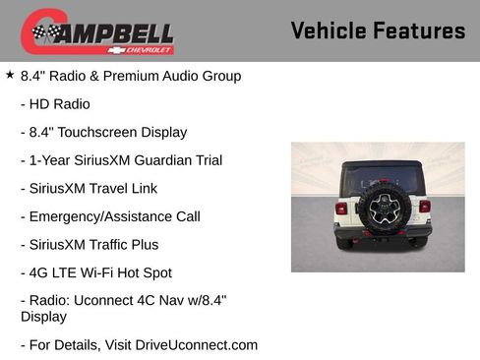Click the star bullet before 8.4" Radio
10,74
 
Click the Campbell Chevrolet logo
97,32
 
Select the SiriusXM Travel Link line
89,188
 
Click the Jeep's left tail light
341,208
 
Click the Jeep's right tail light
424,207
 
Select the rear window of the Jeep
378,177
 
